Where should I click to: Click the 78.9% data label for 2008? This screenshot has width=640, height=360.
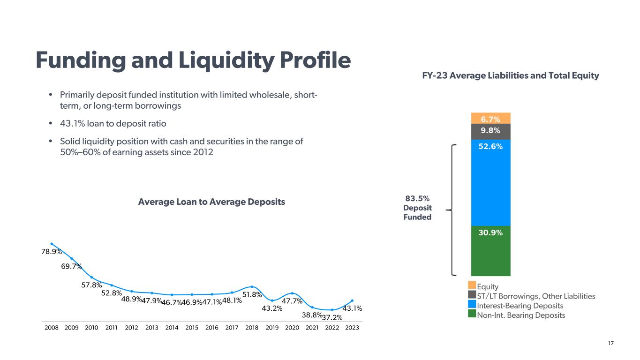coord(52,252)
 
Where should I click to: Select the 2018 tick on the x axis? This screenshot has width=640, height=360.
coord(252,328)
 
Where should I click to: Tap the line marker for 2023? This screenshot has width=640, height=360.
coord(352,300)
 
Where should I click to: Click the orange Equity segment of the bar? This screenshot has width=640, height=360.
coord(490,118)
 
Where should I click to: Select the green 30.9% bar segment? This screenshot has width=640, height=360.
coord(490,251)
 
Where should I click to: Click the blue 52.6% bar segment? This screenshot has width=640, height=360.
coord(490,183)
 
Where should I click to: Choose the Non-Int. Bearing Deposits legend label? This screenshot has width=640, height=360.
coord(521,315)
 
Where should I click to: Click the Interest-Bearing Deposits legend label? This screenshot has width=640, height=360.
coord(520,306)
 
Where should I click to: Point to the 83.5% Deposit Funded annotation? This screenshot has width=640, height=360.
coord(417,208)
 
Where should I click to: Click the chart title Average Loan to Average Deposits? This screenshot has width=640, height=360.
coord(211,202)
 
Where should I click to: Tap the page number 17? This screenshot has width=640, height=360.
coord(610,344)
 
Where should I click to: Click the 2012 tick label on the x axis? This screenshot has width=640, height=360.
coord(132,328)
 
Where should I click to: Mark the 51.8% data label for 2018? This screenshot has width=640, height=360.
coord(251,294)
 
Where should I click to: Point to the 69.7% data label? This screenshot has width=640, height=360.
coord(71,266)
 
